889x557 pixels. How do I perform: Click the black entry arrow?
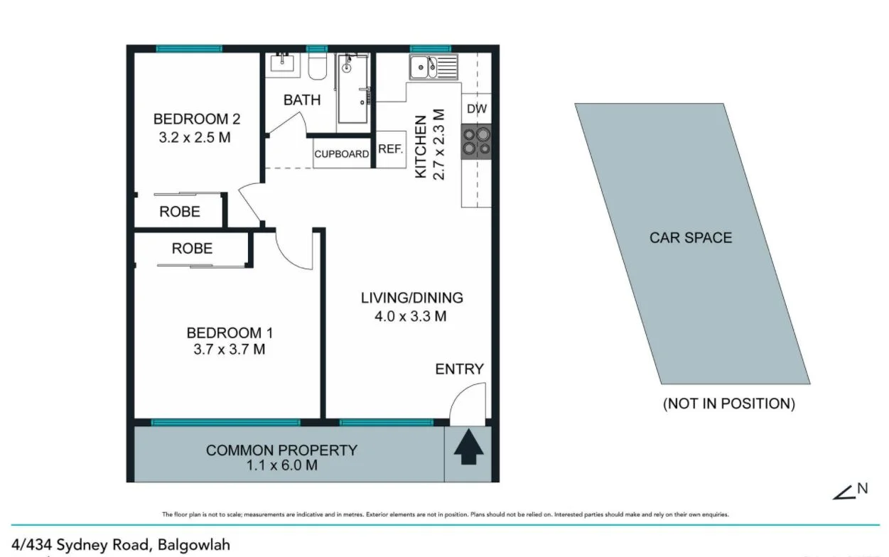(x=468, y=449)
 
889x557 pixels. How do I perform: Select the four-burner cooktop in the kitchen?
(x=475, y=141)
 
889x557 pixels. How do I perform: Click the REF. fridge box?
(x=390, y=149)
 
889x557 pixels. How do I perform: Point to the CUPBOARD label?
(x=342, y=153)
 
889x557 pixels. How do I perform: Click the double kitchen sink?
(x=433, y=68)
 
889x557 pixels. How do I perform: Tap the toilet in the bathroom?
(x=317, y=67)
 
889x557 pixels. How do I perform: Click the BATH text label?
(x=302, y=100)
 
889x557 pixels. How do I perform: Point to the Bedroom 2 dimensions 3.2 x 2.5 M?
(x=195, y=137)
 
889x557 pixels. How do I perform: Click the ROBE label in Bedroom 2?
(x=180, y=212)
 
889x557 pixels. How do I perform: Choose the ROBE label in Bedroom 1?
(x=192, y=248)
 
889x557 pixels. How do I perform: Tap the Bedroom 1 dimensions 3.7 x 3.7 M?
(x=230, y=350)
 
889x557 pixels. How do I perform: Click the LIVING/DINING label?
(x=411, y=298)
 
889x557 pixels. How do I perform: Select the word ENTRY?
(x=459, y=369)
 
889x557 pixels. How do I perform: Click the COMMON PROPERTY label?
(x=281, y=450)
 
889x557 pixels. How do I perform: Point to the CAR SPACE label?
(x=690, y=238)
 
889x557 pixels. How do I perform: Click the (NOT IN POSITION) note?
(x=728, y=404)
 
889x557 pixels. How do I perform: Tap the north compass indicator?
(x=852, y=490)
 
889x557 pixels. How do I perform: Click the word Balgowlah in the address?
(x=193, y=545)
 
